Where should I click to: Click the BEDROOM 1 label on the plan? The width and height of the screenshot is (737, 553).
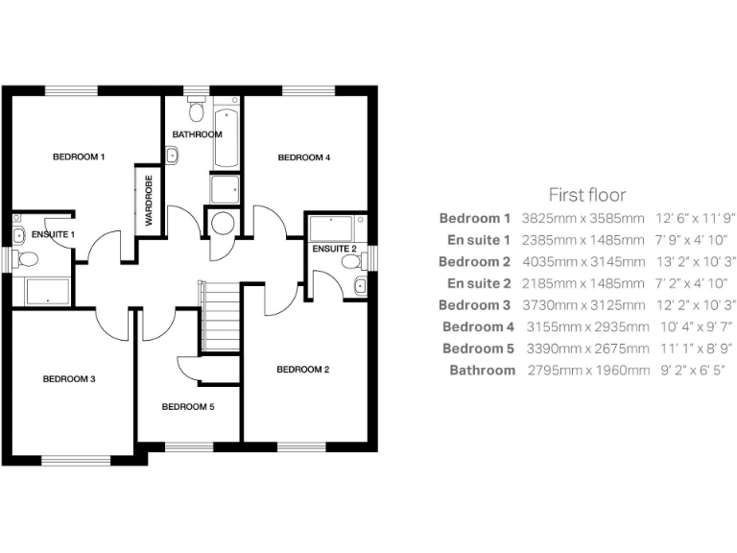coord(79,156)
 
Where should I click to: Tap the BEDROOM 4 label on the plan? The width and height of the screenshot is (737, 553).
coord(304,157)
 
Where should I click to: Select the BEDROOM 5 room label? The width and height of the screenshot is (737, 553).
coord(187,406)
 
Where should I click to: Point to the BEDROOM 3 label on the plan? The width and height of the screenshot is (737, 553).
coord(69,379)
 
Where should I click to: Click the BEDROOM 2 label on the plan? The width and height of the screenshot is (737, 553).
coord(303,370)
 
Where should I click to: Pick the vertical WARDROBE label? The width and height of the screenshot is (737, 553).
coord(149,201)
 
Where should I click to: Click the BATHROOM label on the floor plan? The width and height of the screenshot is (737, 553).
coord(197,134)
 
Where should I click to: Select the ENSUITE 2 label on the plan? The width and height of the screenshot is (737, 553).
coord(334,250)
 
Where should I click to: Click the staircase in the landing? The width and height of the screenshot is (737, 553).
coord(219,316)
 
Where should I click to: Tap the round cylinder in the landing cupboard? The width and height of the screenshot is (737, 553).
coord(223,225)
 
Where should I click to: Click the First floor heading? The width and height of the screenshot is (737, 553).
coord(587,195)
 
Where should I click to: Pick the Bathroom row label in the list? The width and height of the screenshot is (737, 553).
coord(482,370)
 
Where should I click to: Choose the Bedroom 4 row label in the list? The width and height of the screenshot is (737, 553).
coord(477,326)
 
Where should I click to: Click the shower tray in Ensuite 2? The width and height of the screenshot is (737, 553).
coord(332,228)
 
